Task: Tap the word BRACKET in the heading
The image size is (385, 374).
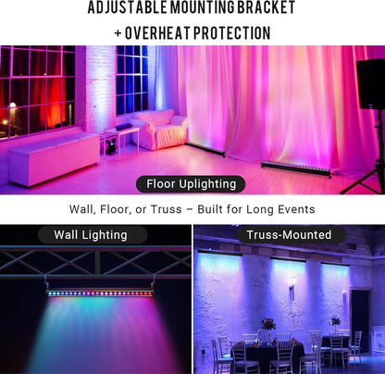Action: tap(263, 9)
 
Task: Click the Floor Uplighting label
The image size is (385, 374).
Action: tap(192, 183)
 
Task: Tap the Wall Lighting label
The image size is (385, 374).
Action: tap(91, 235)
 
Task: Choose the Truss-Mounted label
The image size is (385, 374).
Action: tap(289, 235)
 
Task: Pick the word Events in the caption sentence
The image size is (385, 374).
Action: tap(293, 210)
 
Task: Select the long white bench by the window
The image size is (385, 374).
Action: tap(53, 156)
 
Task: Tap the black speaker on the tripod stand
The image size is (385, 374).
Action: tap(371, 83)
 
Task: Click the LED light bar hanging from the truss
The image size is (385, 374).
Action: tap(101, 293)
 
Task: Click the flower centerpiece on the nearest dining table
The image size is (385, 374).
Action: tap(267, 326)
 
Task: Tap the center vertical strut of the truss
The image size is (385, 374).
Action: tap(97, 261)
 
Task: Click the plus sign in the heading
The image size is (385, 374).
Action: tap(118, 33)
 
